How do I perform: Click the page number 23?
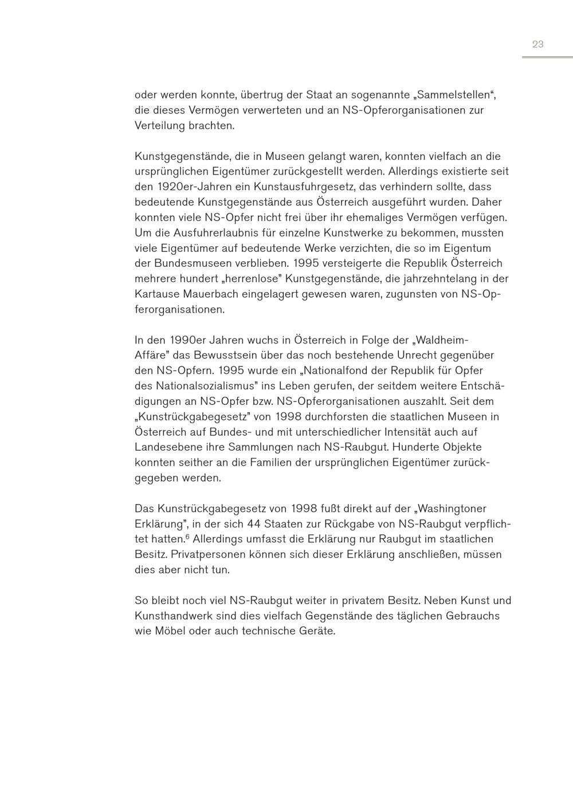tap(537, 44)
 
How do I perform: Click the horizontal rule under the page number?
tap(547, 57)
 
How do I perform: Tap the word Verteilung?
tap(160, 125)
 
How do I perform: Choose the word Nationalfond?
tap(321, 371)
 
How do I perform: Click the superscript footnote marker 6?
tap(187, 537)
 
